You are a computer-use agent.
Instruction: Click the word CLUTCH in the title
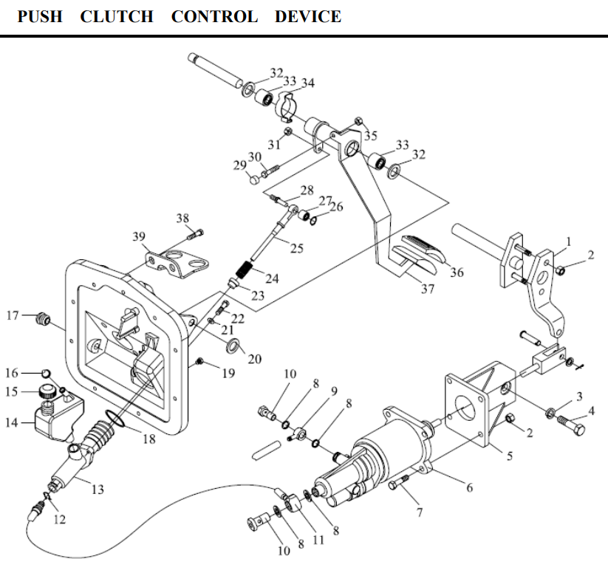click(x=117, y=17)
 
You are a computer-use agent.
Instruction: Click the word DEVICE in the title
click(x=308, y=17)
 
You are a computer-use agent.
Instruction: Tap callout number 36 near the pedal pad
click(x=457, y=272)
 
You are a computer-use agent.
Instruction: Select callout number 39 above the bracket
click(x=139, y=236)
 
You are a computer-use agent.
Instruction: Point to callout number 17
click(x=13, y=315)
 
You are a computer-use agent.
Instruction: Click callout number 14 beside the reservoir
click(x=12, y=422)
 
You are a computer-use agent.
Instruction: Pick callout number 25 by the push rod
click(x=297, y=249)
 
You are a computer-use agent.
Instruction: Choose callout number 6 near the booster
click(x=470, y=487)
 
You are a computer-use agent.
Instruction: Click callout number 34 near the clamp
click(x=308, y=83)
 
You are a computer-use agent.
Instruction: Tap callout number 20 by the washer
click(x=255, y=360)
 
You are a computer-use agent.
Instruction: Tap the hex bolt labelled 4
click(x=571, y=425)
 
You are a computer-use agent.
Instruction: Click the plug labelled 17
click(x=44, y=319)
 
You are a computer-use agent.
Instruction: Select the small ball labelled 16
click(x=46, y=373)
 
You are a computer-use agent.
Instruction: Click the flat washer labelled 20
click(x=233, y=345)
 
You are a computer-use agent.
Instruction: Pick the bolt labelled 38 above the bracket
click(x=195, y=234)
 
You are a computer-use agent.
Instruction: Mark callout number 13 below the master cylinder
click(x=98, y=490)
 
